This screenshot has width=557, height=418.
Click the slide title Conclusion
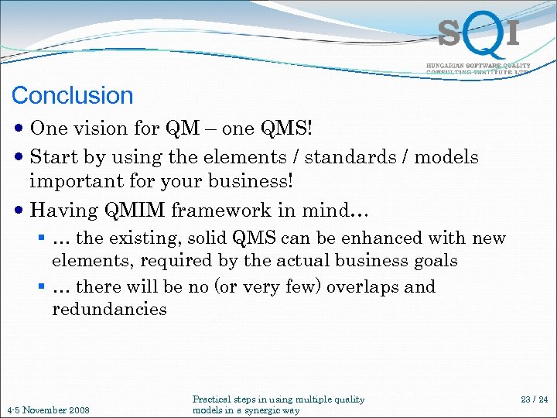(x=73, y=96)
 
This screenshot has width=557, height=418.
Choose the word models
(x=447, y=157)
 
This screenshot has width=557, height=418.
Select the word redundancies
(x=109, y=310)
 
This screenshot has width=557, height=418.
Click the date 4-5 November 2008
(x=48, y=409)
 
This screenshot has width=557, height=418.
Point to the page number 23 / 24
(x=533, y=399)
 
